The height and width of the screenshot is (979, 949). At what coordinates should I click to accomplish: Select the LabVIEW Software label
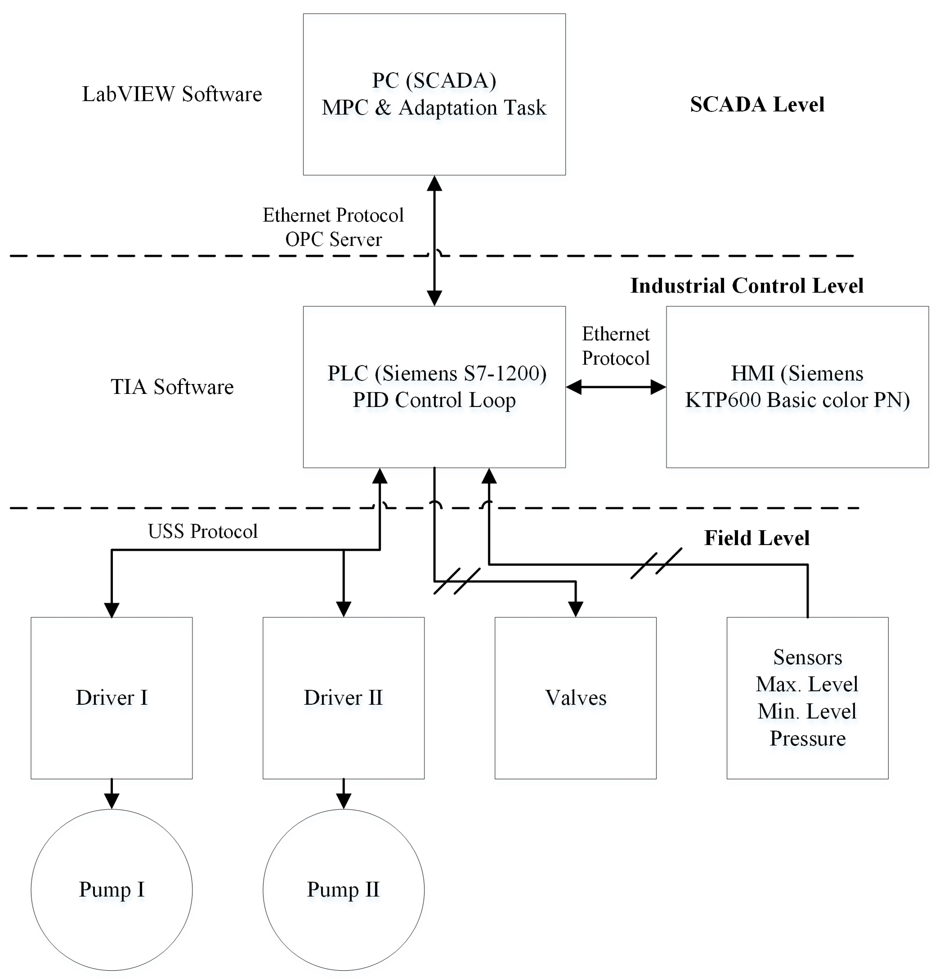pos(172,94)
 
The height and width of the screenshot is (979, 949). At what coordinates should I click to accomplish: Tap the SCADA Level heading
pos(757,104)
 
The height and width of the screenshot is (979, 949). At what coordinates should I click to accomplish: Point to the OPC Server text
pos(333,239)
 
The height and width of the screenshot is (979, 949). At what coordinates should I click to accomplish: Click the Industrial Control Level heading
pos(747,286)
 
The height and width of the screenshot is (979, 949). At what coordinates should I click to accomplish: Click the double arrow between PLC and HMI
pos(616,387)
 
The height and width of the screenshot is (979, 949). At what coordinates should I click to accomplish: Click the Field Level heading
pos(757,538)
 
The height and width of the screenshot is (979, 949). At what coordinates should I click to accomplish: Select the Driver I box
pos(111,698)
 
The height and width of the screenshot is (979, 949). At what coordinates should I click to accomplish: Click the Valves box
pos(575,698)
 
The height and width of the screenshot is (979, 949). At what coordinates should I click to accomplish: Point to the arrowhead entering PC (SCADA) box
pos(434,183)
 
